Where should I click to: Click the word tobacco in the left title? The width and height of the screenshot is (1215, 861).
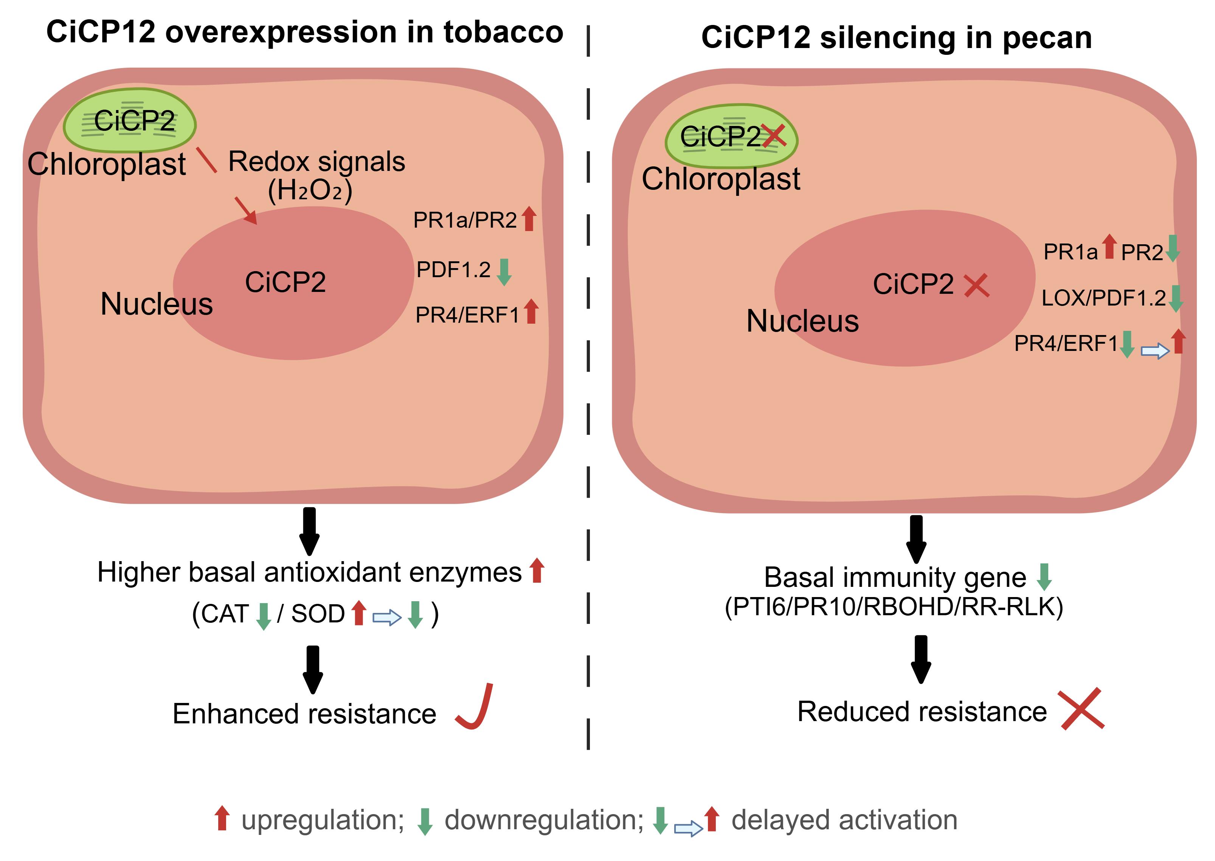pyautogui.click(x=503, y=32)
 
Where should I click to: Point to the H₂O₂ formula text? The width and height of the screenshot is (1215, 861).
pyautogui.click(x=310, y=190)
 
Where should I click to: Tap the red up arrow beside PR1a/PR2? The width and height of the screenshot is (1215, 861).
pyautogui.click(x=529, y=219)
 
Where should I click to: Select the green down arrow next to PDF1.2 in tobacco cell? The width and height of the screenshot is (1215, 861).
pyautogui.click(x=504, y=272)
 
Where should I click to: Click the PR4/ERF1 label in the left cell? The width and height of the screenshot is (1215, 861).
pyautogui.click(x=467, y=315)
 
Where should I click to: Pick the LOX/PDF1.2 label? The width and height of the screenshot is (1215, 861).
pyautogui.click(x=1104, y=298)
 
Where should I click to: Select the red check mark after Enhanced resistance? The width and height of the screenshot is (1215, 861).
pyautogui.click(x=475, y=707)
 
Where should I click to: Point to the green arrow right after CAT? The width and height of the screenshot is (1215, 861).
pyautogui.click(x=264, y=616)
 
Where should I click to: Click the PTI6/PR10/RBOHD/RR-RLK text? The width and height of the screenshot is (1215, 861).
pyautogui.click(x=894, y=607)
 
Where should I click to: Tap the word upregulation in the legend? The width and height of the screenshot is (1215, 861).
pyautogui.click(x=322, y=820)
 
